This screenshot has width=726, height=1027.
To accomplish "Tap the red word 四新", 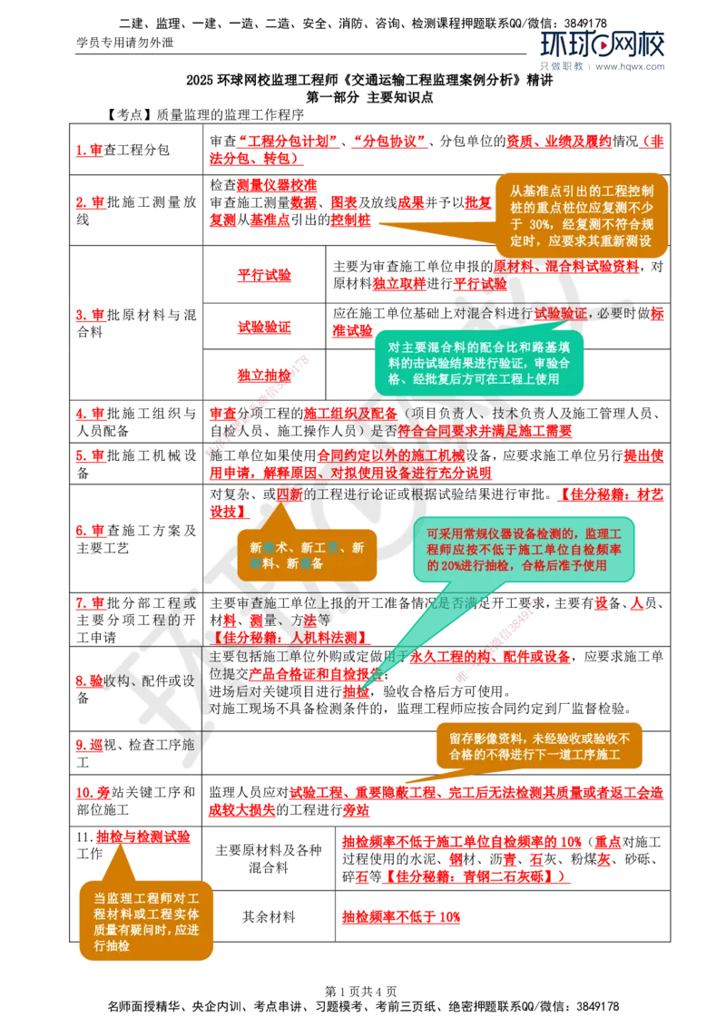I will click(x=289, y=494).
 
